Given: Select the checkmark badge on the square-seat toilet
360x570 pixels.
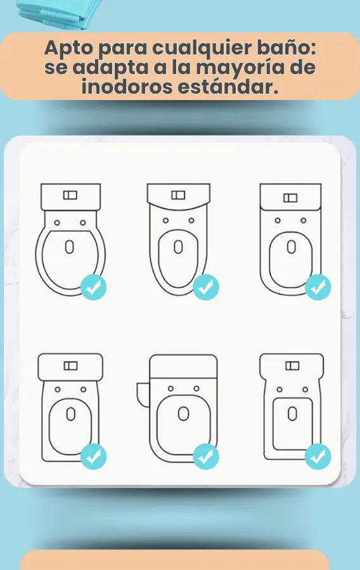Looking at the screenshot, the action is (x=318, y=457).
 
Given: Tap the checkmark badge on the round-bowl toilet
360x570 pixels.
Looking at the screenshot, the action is (x=93, y=288).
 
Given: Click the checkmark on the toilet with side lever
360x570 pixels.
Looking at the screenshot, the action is (x=206, y=457).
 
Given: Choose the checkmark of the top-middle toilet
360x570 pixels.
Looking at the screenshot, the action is (x=206, y=288).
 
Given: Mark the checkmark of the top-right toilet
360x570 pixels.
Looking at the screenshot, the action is (x=318, y=288).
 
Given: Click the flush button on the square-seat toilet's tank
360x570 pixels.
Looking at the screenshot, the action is (x=292, y=365).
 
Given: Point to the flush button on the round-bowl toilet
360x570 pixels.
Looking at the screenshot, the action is (x=70, y=195).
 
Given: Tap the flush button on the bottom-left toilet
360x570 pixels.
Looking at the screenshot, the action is (x=70, y=365).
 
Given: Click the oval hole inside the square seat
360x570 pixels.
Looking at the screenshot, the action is (x=292, y=414).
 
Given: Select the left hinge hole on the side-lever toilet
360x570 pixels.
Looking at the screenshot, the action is (x=170, y=389).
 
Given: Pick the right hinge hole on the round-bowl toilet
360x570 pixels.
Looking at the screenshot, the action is (x=83, y=222).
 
